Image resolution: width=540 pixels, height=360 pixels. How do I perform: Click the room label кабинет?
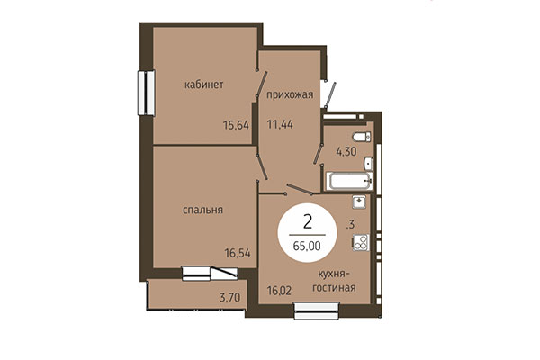[x=203, y=85]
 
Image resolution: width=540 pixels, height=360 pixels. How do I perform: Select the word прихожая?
[x=289, y=94]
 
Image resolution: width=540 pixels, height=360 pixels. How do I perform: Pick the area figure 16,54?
[x=236, y=255]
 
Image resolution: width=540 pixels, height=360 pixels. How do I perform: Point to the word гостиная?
[x=334, y=288]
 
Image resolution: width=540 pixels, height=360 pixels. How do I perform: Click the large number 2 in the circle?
[x=310, y=220]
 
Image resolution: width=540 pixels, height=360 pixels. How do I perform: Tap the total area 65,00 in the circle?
[x=310, y=244]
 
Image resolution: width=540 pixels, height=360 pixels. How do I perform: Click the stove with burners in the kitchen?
[x=360, y=241]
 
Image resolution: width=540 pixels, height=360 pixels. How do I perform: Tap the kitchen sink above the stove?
[x=360, y=202]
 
